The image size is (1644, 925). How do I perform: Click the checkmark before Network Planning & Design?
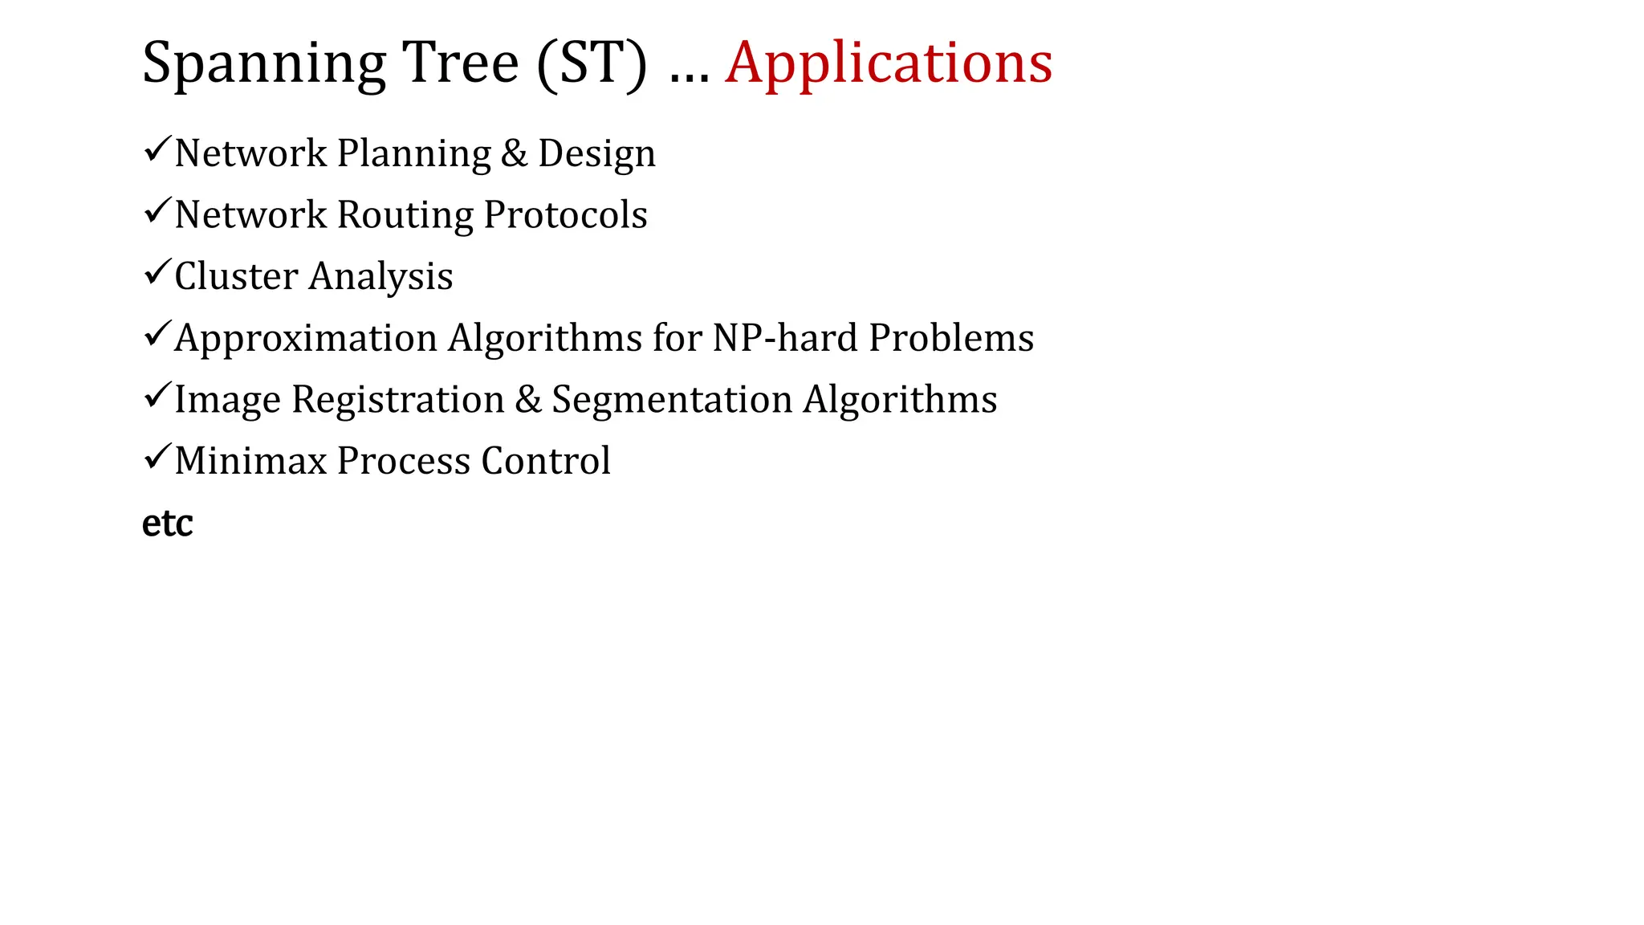click(x=156, y=149)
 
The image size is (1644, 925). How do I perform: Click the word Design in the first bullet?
click(x=596, y=154)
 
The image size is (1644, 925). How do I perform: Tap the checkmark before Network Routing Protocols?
click(x=156, y=211)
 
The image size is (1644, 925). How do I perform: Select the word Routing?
click(x=405, y=216)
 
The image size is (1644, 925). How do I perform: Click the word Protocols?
click(x=566, y=214)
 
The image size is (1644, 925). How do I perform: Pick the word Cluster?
click(x=236, y=276)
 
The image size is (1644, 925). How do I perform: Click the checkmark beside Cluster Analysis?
click(x=156, y=272)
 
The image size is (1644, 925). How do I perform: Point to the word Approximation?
click(x=306, y=338)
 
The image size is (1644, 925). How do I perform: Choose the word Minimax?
click(x=250, y=461)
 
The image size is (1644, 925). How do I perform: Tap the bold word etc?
click(x=167, y=524)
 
